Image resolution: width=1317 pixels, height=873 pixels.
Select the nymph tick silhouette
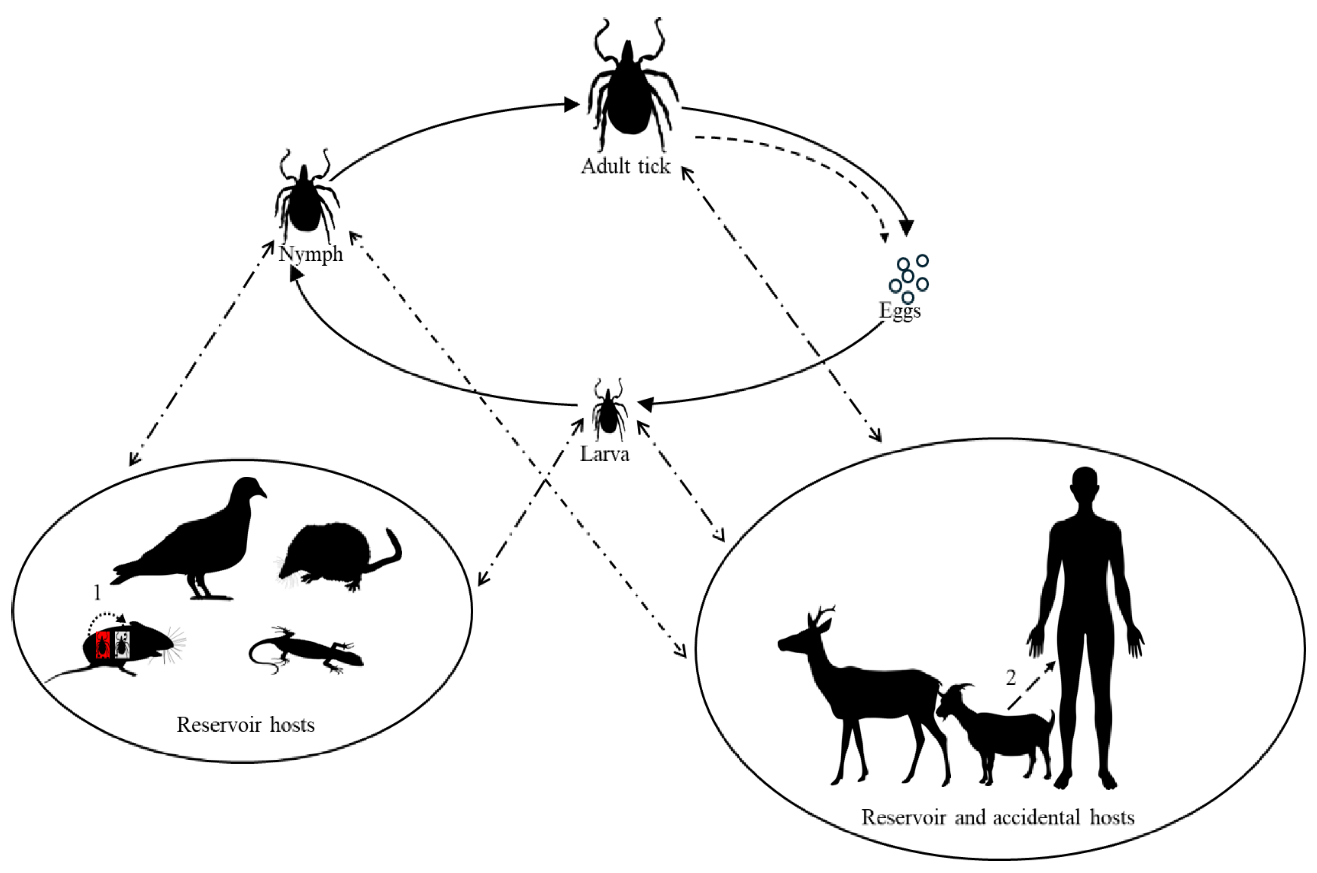pyautogui.click(x=305, y=200)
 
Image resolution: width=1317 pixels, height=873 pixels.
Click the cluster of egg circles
pyautogui.click(x=908, y=278)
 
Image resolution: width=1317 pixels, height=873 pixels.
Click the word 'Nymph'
pyautogui.click(x=311, y=254)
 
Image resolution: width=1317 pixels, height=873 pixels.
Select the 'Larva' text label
pyautogui.click(x=605, y=454)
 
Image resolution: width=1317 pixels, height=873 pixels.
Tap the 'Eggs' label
pyautogui.click(x=899, y=310)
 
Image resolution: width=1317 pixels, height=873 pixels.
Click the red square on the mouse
pyautogui.click(x=102, y=644)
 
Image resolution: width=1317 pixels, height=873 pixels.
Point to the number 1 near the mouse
pyautogui.click(x=98, y=593)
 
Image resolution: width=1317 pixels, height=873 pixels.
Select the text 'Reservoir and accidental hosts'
pyautogui.click(x=998, y=817)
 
